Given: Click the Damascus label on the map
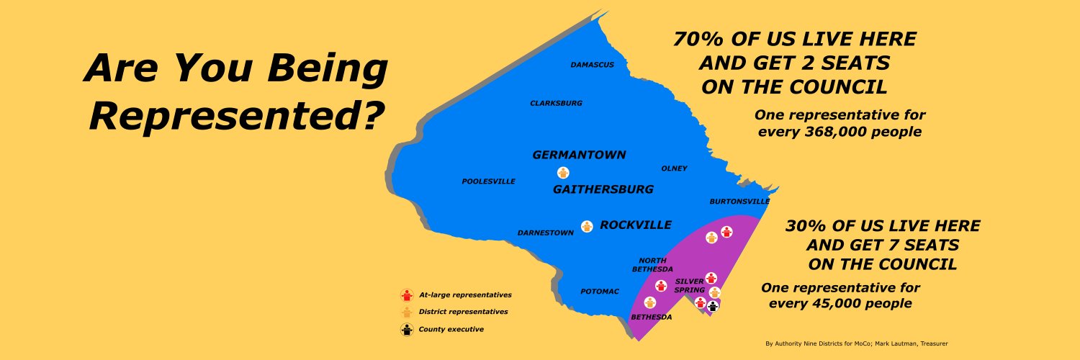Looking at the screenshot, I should point(593,65).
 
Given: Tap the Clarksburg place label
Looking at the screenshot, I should point(556,104).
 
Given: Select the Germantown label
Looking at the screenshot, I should point(579,155).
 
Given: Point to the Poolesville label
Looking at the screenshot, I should point(488,181).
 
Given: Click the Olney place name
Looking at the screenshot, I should point(674,168).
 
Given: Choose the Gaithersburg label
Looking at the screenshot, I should point(603,189).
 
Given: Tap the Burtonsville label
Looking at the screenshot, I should point(739,202).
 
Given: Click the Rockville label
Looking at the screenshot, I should point(635,225).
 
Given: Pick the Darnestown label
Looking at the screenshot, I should point(545,233).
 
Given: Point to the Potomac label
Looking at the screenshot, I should point(600,292).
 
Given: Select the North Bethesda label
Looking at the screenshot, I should point(652,265).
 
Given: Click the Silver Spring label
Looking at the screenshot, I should point(690,285).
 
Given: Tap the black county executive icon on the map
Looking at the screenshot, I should point(713,306).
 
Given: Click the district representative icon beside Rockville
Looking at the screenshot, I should point(587,226).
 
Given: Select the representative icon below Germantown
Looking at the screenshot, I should point(563,172).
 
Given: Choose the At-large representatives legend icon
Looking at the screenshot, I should point(407,294).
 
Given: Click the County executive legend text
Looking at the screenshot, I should point(451,330).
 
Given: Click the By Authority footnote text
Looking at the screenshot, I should point(856,343).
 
